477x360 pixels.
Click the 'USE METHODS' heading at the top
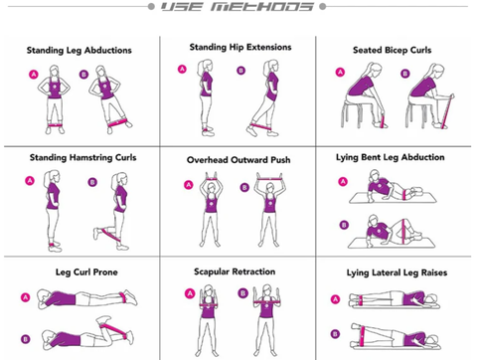tap(238, 7)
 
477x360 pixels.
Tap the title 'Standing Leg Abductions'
tap(79, 51)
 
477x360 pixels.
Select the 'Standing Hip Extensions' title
tap(240, 48)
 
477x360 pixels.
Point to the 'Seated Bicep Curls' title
tap(393, 50)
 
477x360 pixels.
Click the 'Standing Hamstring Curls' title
tap(82, 157)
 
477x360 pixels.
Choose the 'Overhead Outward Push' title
tap(238, 160)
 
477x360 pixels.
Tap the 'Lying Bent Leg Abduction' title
tap(391, 157)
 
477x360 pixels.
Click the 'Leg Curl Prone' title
tap(86, 272)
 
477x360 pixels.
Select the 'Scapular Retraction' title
tap(235, 271)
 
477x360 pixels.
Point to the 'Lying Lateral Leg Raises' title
tap(397, 272)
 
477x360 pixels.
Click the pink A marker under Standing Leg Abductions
tap(34, 75)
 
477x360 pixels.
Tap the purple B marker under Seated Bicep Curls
tap(404, 74)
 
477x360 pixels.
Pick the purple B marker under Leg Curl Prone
tap(25, 339)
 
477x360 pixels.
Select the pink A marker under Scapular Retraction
tap(190, 293)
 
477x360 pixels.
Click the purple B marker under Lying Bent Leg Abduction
tap(344, 225)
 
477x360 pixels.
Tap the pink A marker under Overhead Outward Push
tap(189, 185)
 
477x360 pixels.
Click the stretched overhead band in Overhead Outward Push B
tap(270, 179)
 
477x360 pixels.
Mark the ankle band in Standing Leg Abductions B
tap(118, 123)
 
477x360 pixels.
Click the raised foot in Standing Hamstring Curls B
tap(96, 234)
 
